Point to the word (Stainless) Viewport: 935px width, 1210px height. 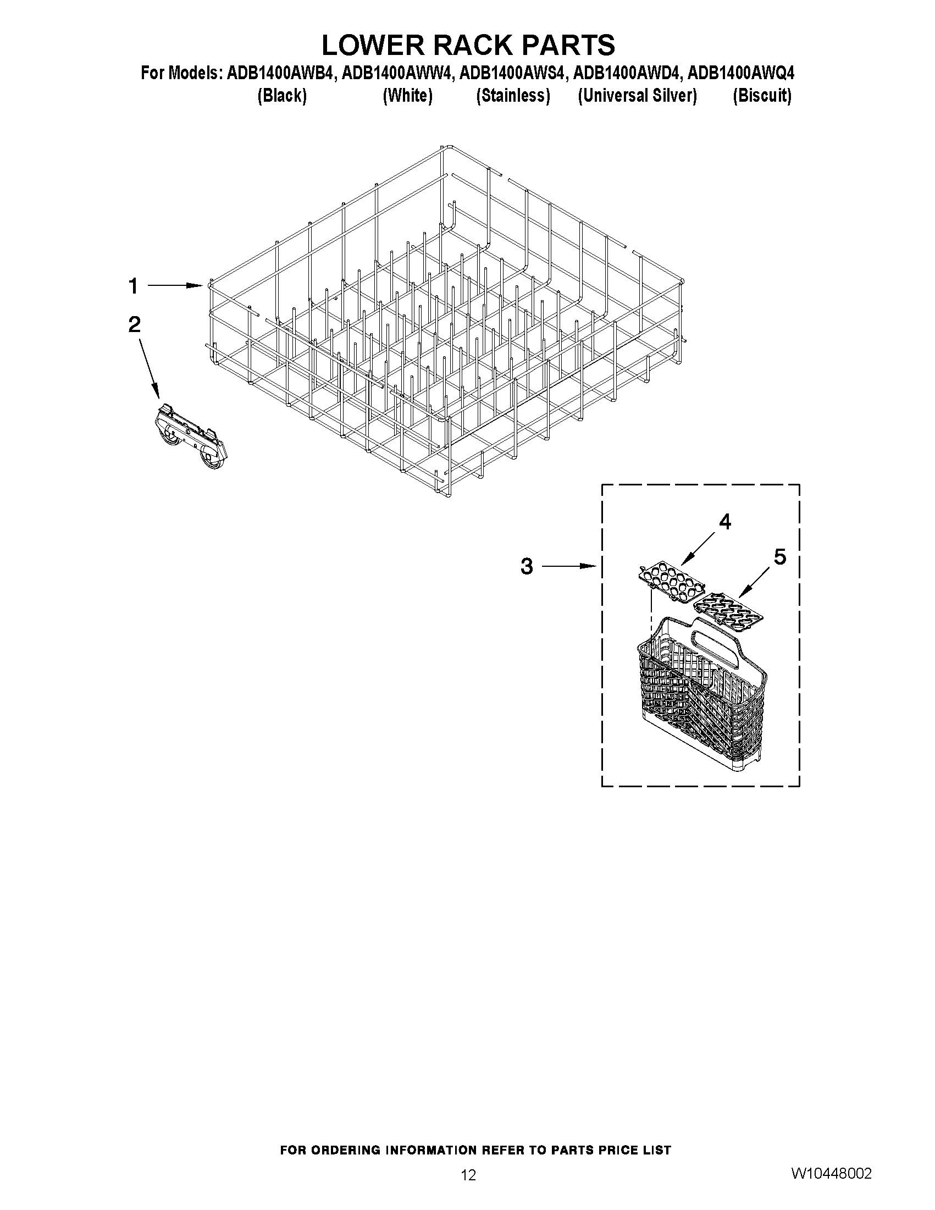[513, 96]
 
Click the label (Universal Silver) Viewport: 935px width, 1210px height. [637, 96]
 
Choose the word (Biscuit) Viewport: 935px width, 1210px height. [762, 96]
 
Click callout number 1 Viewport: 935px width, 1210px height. [133, 286]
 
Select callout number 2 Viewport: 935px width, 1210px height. [134, 325]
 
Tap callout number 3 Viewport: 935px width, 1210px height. [527, 566]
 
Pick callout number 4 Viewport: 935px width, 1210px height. [724, 521]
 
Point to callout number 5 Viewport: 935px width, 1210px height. [779, 557]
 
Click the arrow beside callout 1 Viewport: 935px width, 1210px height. [174, 285]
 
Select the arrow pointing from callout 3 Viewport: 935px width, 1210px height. [568, 566]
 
